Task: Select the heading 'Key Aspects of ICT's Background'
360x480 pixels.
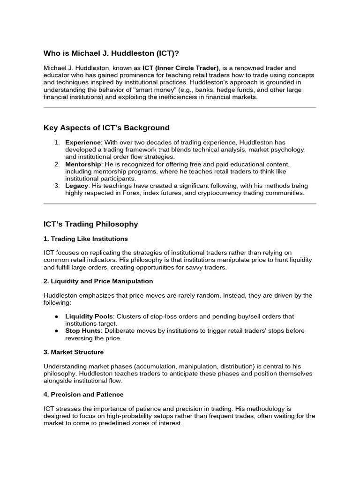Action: point(106,128)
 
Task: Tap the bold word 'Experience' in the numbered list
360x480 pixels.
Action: point(82,142)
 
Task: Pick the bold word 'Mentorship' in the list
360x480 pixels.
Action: point(83,164)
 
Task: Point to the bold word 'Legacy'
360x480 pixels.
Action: point(76,186)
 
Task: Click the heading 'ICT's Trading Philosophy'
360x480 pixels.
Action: point(91,224)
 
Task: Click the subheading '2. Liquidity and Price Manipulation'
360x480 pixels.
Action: point(98,281)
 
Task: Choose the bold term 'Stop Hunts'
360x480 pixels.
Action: point(83,331)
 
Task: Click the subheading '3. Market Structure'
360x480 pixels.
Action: point(74,352)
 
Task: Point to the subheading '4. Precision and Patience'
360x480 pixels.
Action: point(83,395)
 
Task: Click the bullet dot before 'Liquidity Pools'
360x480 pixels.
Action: point(56,316)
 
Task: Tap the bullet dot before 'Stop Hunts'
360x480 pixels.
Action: point(56,331)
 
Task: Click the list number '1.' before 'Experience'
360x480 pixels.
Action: point(57,142)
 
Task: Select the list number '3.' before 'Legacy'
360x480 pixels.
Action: point(57,186)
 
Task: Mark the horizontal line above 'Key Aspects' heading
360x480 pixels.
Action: point(180,108)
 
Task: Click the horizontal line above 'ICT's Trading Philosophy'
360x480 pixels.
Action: point(180,204)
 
